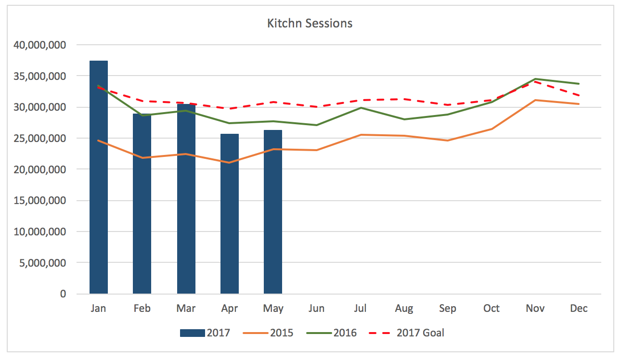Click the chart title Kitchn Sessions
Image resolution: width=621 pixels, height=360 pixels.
310,23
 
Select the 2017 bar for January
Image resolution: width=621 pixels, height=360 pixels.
99,193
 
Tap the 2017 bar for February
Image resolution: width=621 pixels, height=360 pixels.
142,217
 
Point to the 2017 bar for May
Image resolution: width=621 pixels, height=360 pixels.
273,221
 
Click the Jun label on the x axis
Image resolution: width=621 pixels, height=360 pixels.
317,309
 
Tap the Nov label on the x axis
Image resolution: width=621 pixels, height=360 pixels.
535,309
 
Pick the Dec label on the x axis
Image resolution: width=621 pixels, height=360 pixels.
579,309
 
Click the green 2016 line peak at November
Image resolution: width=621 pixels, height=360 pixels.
535,79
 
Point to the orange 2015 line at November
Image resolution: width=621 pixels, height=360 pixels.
535,100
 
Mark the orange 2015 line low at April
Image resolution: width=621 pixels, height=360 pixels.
230,163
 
